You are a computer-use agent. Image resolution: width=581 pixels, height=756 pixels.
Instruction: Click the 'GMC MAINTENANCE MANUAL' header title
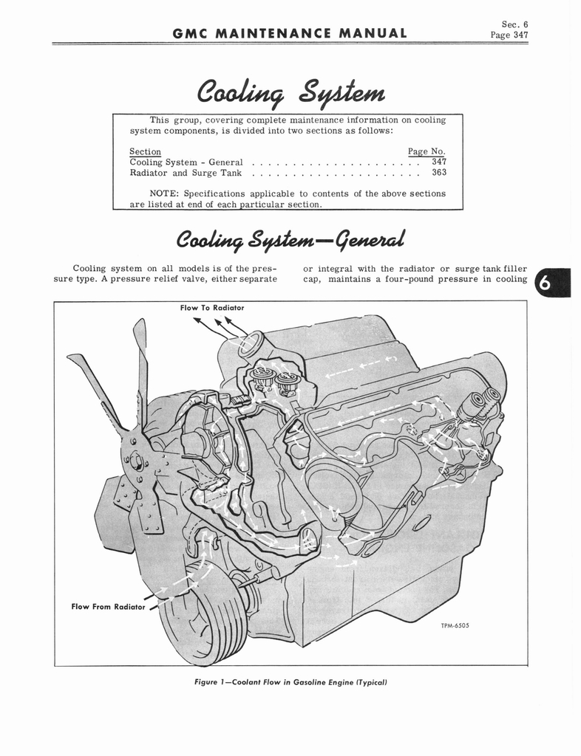(290, 33)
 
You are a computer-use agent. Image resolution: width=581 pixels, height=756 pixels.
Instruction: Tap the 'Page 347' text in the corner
(509, 35)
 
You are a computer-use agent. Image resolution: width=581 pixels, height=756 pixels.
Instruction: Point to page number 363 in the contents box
(439, 172)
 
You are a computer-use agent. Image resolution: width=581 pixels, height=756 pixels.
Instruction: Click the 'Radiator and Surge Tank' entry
(186, 173)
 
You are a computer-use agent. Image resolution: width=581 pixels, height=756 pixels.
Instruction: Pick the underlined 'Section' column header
(145, 152)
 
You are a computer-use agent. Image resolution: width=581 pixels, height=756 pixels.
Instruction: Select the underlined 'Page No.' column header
(427, 151)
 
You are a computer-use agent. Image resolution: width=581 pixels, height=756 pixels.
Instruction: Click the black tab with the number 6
(552, 283)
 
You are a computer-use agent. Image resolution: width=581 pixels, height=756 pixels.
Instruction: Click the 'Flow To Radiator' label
(212, 308)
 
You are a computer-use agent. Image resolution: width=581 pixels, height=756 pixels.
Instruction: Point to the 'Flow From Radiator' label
(108, 607)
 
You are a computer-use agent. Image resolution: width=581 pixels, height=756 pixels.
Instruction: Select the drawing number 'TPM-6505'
(455, 626)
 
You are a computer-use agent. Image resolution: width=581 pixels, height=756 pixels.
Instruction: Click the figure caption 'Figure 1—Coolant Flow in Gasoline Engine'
(290, 682)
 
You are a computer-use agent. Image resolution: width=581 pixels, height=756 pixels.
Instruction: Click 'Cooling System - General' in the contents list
(186, 162)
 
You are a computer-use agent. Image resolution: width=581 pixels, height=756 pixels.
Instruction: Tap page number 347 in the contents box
(439, 162)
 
